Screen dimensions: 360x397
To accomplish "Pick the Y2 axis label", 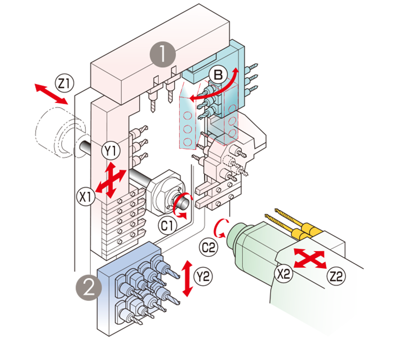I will coord(203,275).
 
